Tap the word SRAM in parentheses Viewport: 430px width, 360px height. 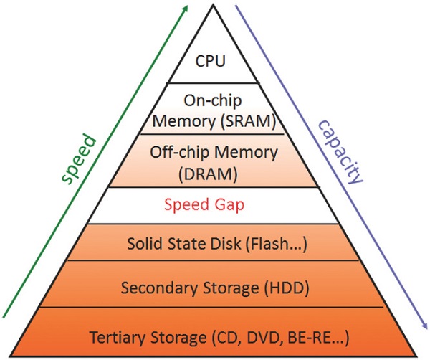pos(251,121)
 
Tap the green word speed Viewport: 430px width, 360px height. pos(77,158)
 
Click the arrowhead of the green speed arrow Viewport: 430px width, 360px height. pos(185,8)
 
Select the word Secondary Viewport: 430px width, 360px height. pos(151,288)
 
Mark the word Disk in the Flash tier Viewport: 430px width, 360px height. pos(221,245)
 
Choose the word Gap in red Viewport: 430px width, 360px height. pos(230,205)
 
